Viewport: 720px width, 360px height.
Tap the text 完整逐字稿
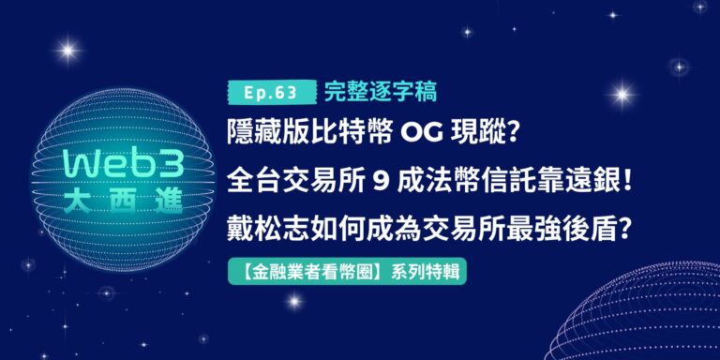381,92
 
